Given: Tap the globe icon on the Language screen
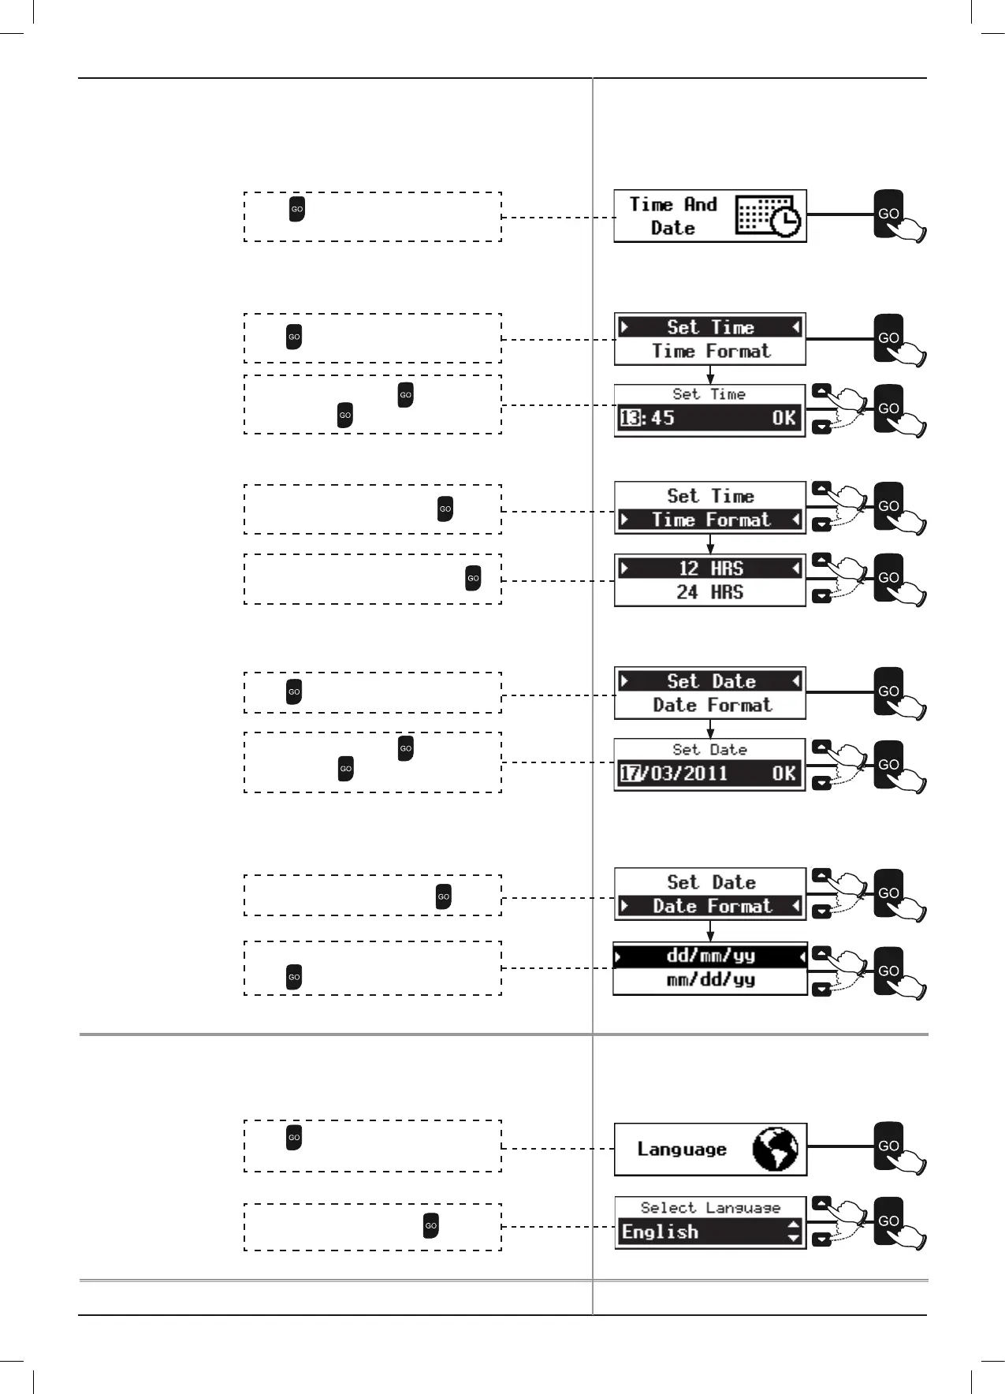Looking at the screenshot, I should point(775,1149).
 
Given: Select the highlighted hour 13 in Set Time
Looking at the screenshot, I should point(630,418).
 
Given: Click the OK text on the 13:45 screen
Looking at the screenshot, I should point(784,418).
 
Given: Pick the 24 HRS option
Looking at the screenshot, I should point(709,592).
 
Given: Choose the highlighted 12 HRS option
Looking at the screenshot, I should point(709,568).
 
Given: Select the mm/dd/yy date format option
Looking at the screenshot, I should point(710,980).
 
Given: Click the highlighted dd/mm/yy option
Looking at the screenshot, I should point(710,956).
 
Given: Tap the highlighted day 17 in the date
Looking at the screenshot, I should point(630,773).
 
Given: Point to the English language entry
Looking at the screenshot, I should point(661,1232).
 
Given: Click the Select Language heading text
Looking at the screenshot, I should point(709,1207).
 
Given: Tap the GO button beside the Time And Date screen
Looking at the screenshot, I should point(888,213).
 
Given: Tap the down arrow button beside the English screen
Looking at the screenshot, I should point(821,1239).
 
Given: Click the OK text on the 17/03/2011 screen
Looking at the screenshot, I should point(784,773).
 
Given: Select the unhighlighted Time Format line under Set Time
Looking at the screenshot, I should point(710,351).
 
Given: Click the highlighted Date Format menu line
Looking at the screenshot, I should point(710,906).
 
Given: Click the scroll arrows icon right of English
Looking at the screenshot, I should point(793,1231).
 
